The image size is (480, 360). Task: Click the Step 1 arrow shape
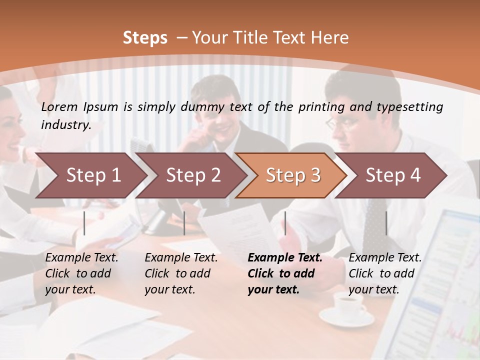click(93, 175)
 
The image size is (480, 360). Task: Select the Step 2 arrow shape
click(193, 175)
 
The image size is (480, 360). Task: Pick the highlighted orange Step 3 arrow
click(293, 175)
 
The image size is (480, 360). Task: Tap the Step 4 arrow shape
click(393, 175)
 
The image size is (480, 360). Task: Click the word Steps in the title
click(145, 37)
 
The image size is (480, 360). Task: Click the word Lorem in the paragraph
click(59, 106)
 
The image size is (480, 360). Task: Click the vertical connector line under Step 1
click(84, 223)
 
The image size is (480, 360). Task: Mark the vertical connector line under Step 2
click(184, 223)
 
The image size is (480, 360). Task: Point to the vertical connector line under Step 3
click(285, 223)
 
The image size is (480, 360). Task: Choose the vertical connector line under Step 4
click(386, 223)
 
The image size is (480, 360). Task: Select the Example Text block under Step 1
click(81, 273)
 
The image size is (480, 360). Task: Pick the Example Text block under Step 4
click(384, 273)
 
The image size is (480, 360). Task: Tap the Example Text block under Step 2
click(181, 273)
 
